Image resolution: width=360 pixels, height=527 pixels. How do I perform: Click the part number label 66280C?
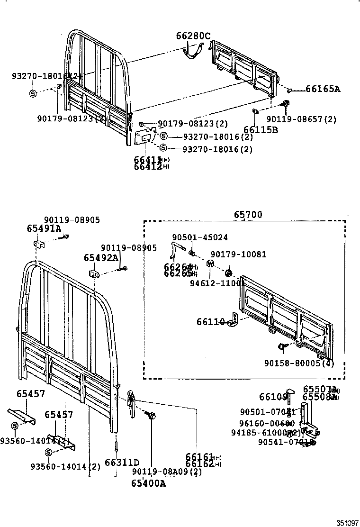click(193, 36)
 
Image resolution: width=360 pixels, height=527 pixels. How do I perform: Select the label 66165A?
click(323, 89)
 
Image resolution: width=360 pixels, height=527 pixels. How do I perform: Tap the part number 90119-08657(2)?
click(301, 119)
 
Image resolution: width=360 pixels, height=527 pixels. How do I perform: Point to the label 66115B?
click(261, 129)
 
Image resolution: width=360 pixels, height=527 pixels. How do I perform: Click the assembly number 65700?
click(247, 215)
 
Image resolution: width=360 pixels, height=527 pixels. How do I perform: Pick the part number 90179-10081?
click(238, 254)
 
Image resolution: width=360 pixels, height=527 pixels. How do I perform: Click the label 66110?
click(210, 322)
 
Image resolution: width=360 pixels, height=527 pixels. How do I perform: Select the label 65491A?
click(44, 229)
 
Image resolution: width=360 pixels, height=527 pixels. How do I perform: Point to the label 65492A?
click(101, 257)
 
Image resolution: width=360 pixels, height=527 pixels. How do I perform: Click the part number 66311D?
click(122, 463)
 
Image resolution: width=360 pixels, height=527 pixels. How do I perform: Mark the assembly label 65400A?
click(149, 483)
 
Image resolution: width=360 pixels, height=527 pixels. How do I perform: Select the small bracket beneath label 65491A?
click(38, 245)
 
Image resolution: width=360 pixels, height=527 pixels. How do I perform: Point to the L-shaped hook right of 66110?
click(233, 320)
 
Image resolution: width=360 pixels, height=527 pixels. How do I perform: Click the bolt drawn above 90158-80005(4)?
click(281, 348)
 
